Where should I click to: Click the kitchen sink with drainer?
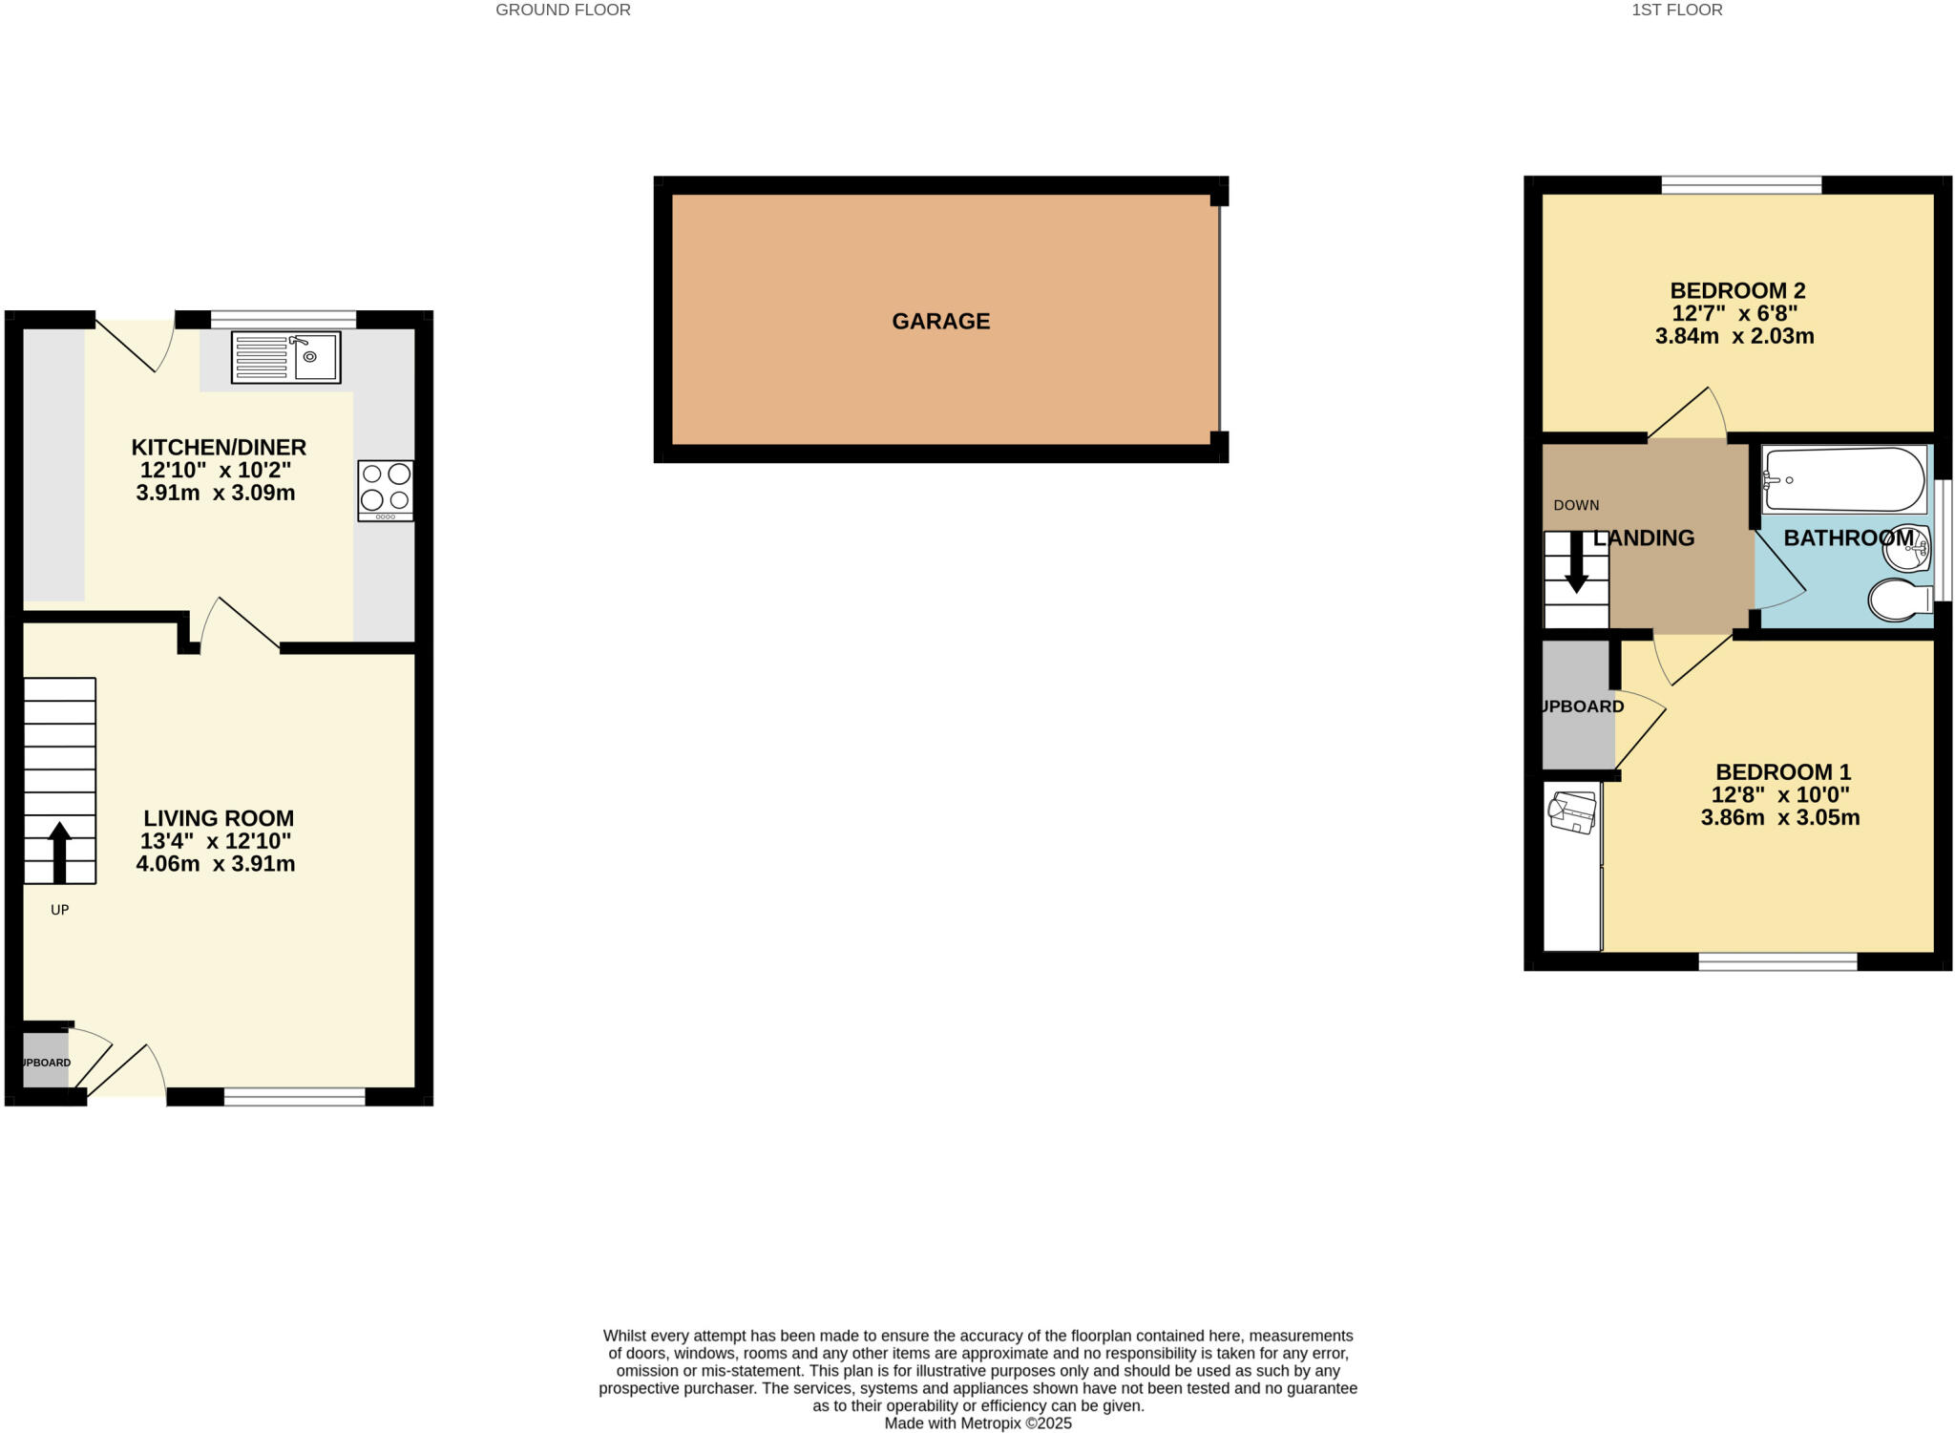(x=285, y=357)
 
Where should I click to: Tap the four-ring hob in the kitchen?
(x=386, y=491)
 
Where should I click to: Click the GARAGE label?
(x=940, y=322)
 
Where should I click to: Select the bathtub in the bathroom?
(x=1844, y=479)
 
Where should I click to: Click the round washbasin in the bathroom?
(x=1905, y=548)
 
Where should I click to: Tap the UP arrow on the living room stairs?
(x=59, y=851)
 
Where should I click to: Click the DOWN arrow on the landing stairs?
(x=1576, y=562)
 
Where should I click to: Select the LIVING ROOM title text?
(x=219, y=818)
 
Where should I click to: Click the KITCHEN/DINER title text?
(x=219, y=447)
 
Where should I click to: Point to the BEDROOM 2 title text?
(x=1737, y=290)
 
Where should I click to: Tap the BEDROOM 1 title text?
(x=1782, y=771)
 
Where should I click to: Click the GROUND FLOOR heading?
(x=563, y=11)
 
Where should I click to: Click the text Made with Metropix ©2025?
(x=977, y=1422)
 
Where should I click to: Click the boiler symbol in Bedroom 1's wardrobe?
(x=1572, y=812)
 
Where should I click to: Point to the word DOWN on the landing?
(x=1576, y=505)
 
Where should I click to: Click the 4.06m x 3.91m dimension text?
(x=216, y=864)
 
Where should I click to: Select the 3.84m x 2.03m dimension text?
(x=1734, y=336)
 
